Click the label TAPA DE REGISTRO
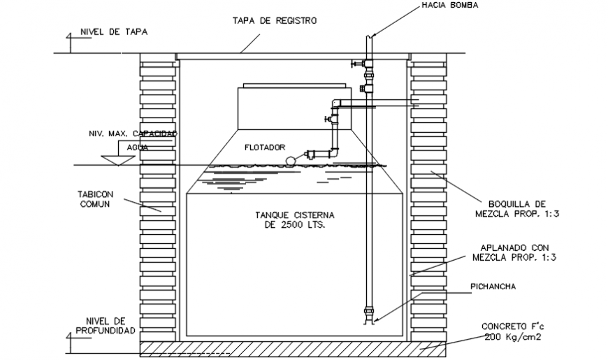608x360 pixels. (274, 21)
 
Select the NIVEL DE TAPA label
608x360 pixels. (114, 32)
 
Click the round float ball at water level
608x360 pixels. (289, 160)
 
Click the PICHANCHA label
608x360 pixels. (495, 286)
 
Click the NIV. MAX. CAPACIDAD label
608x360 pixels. (133, 133)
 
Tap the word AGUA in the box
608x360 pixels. (138, 147)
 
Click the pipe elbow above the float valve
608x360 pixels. (335, 104)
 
